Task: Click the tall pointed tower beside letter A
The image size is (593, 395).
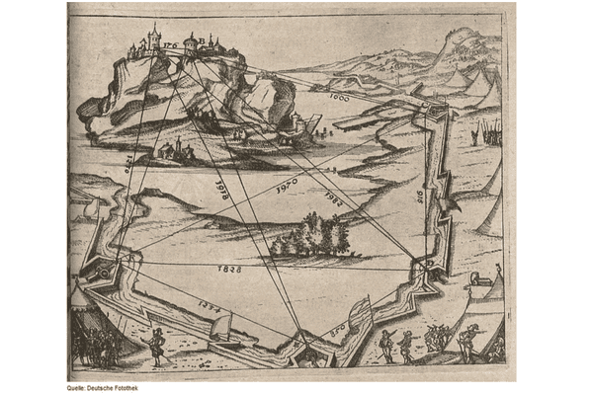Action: click(x=153, y=36)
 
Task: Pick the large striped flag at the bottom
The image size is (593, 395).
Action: click(x=358, y=315)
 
